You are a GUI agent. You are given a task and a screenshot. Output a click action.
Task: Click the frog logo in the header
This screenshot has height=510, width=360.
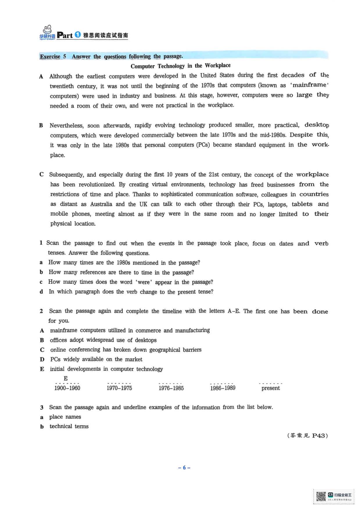tap(47, 30)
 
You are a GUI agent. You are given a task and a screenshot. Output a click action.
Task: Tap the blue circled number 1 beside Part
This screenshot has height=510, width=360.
tap(78, 35)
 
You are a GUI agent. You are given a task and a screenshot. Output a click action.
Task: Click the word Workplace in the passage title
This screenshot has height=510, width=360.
tap(218, 65)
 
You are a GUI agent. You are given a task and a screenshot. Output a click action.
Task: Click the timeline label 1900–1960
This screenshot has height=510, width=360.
tap(67, 388)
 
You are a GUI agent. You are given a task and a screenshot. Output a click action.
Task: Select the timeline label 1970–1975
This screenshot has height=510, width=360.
tap(119, 388)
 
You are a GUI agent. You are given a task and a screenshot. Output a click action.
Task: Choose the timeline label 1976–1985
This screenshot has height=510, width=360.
tap(171, 388)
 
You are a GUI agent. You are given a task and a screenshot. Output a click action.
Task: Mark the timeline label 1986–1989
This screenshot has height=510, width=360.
tap(223, 388)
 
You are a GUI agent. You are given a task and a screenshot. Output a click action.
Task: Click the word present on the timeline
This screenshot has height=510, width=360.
tap(271, 388)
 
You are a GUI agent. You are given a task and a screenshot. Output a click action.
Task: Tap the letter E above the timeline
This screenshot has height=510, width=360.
tap(66, 378)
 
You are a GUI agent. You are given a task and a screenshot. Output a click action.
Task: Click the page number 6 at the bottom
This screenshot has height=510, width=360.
tap(184, 468)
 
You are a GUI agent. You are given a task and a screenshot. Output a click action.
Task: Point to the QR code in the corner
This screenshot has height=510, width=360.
tap(321, 496)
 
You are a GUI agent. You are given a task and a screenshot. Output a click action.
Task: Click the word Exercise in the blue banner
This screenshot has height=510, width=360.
tap(50, 56)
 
